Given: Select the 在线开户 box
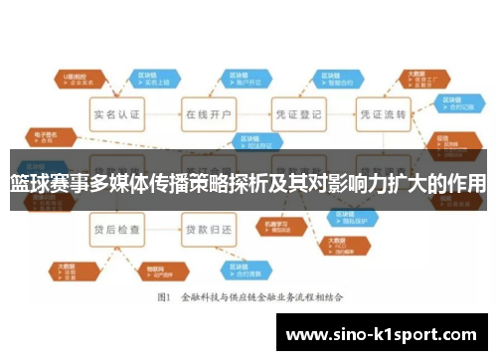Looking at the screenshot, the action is pyautogui.click(x=209, y=115).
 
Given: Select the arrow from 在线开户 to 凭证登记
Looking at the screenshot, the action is pyautogui.click(x=252, y=115).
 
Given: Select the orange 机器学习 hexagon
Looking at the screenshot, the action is pyautogui.click(x=274, y=227).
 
